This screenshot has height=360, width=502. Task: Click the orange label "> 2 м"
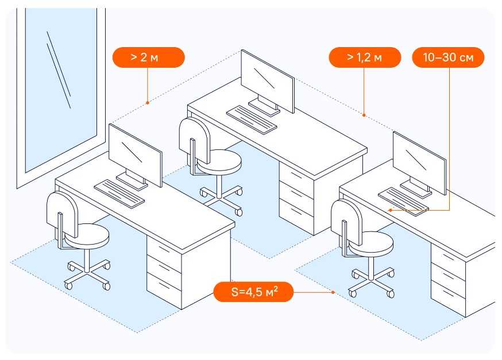(x=148, y=57)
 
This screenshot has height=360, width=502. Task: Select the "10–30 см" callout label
(x=448, y=57)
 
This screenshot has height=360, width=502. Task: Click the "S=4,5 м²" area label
(x=254, y=292)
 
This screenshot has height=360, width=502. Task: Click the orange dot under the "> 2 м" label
(x=148, y=103)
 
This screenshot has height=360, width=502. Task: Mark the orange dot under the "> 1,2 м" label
(x=364, y=115)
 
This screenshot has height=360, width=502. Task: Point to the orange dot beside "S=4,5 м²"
(x=333, y=292)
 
